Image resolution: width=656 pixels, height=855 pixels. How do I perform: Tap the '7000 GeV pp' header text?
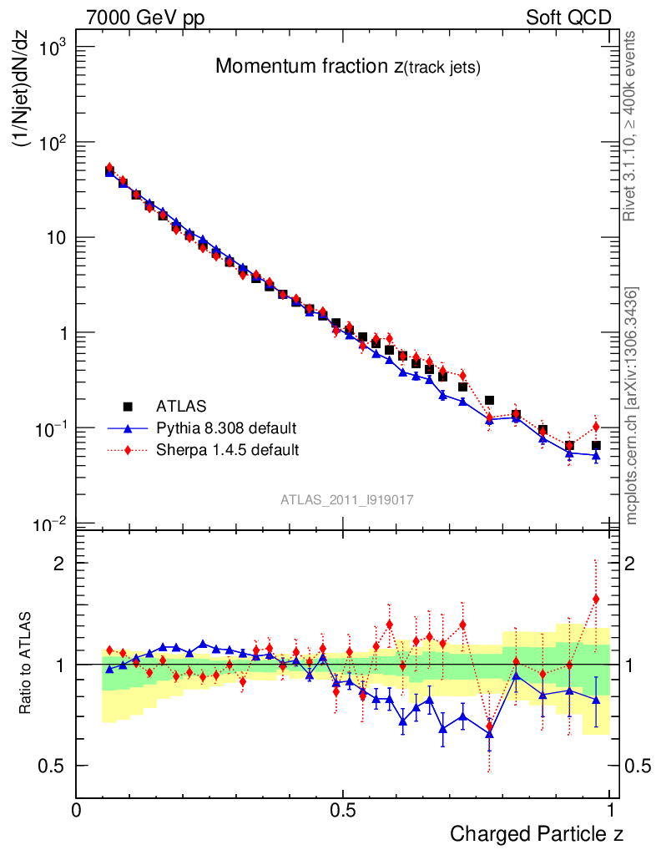[145, 18]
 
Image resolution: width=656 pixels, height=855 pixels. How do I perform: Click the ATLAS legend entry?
[179, 407]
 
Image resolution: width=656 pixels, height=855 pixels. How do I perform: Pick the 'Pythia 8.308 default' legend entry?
[225, 428]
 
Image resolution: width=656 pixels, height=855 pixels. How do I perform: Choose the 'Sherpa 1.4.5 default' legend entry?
[227, 450]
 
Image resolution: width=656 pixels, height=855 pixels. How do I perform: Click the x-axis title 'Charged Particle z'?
[537, 833]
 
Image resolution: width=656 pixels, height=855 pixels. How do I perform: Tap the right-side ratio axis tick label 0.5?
[638, 766]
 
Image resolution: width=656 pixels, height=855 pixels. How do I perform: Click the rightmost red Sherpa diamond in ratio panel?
[596, 598]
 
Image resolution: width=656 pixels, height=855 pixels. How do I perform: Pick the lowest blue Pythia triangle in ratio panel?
[490, 734]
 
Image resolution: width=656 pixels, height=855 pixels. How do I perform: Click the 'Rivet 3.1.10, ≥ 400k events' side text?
[631, 126]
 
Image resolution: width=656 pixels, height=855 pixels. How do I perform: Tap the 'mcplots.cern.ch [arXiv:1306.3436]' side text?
[631, 406]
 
